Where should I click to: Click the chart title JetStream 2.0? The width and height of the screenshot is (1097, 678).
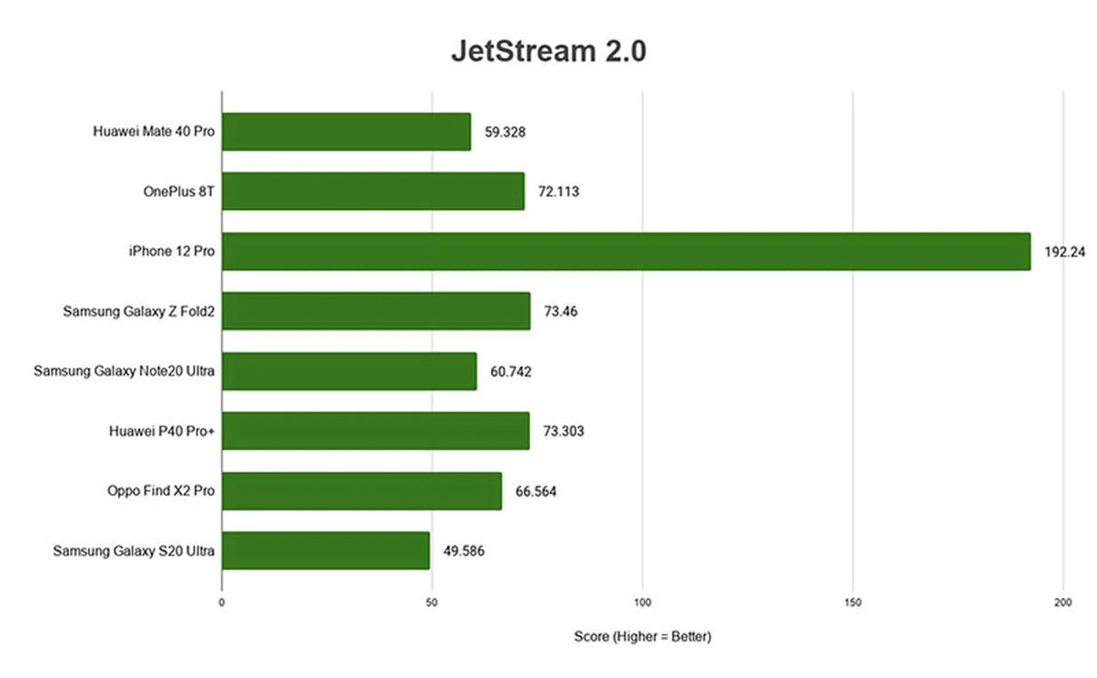click(x=548, y=51)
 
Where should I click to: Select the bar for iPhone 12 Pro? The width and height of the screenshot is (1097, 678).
click(x=626, y=252)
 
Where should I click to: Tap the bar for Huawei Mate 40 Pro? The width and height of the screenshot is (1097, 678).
click(x=346, y=132)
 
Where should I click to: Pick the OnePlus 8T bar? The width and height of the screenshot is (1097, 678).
click(x=373, y=192)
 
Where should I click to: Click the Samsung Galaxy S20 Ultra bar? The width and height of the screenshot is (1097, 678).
click(x=326, y=551)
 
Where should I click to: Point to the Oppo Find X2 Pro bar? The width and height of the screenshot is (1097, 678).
click(x=362, y=491)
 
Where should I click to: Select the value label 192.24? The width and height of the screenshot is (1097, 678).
click(x=1064, y=252)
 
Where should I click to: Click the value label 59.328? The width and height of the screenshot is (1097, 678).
click(x=505, y=132)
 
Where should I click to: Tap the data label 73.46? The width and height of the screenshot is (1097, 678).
click(x=560, y=312)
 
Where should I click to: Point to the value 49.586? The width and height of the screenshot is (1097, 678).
click(x=464, y=551)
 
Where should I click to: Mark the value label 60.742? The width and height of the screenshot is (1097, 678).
click(x=511, y=372)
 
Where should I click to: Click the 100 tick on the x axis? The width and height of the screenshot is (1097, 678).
click(x=642, y=603)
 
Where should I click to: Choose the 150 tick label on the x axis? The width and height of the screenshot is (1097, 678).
click(x=852, y=603)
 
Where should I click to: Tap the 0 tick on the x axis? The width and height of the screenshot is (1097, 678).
click(x=222, y=603)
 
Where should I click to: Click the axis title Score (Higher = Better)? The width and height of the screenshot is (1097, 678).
click(x=642, y=636)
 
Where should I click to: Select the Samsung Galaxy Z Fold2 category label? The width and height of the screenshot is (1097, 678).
click(x=139, y=312)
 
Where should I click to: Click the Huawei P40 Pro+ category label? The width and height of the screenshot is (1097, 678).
click(x=162, y=431)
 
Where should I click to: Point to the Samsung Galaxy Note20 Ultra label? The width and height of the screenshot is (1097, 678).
click(x=124, y=371)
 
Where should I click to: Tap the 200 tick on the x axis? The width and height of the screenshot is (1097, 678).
click(x=1063, y=603)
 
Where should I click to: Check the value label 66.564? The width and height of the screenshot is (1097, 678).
click(x=536, y=492)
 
